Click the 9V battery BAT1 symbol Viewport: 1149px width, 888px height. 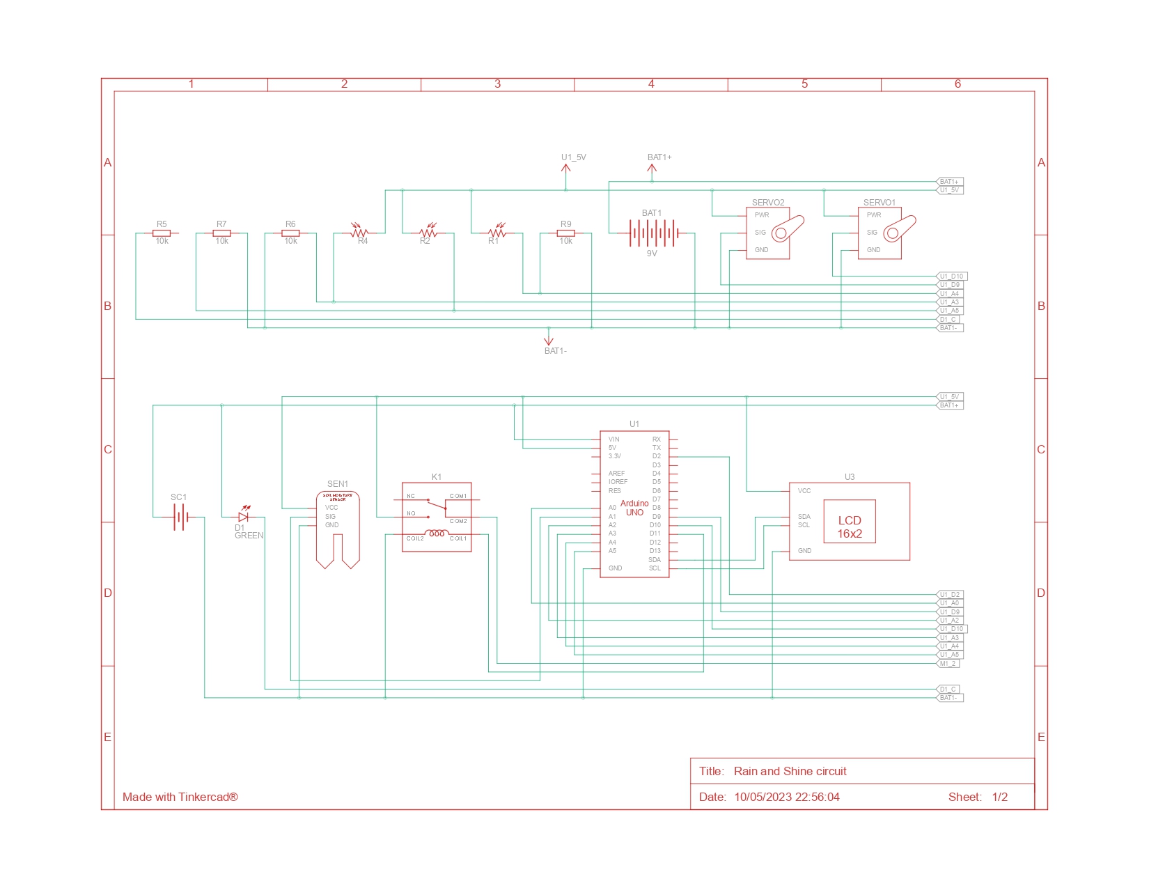click(x=652, y=233)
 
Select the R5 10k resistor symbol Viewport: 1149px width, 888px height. click(x=162, y=233)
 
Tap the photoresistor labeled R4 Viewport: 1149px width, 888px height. click(x=359, y=232)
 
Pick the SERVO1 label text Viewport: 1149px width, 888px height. click(x=879, y=203)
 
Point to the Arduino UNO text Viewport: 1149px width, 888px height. click(x=634, y=508)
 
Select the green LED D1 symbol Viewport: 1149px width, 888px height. click(x=243, y=517)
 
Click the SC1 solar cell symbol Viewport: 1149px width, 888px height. click(x=180, y=517)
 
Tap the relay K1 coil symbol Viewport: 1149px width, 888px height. click(x=437, y=534)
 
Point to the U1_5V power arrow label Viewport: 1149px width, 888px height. click(x=573, y=157)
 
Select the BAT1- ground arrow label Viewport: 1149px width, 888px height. click(x=555, y=351)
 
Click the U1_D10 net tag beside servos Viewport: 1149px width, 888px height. click(x=952, y=276)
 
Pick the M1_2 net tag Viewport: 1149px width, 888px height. click(x=948, y=664)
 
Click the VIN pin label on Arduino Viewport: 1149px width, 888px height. click(x=613, y=439)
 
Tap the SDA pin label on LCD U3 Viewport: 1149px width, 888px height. click(x=804, y=517)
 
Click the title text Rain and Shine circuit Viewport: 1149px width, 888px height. click(x=790, y=771)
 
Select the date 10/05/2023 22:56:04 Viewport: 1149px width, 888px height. click(x=786, y=797)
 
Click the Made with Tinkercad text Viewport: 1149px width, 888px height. click(x=180, y=797)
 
